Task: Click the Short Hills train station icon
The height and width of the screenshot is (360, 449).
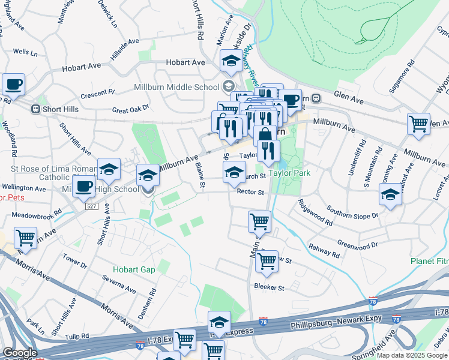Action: pyautogui.click(x=36, y=109)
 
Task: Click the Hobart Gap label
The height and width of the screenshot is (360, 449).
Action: pyautogui.click(x=134, y=270)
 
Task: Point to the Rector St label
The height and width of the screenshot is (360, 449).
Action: pyautogui.click(x=250, y=192)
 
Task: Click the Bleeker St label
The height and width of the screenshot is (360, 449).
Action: pyautogui.click(x=268, y=287)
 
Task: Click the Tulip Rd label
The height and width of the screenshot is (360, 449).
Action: pyautogui.click(x=77, y=337)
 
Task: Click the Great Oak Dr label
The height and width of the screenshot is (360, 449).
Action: pyautogui.click(x=130, y=110)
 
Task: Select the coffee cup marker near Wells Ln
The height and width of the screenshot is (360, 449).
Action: pyautogui.click(x=13, y=85)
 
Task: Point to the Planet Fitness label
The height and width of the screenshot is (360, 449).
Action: pyautogui.click(x=429, y=261)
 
